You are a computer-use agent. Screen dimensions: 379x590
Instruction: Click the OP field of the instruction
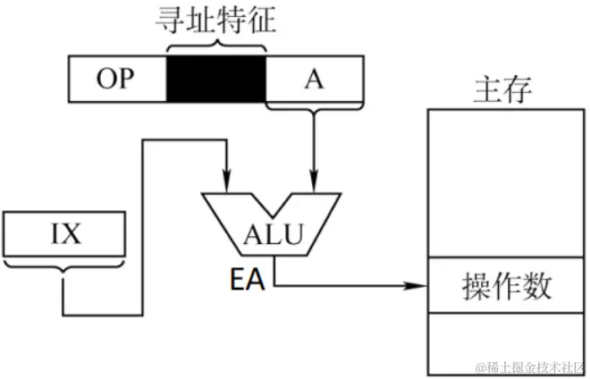click(x=117, y=79)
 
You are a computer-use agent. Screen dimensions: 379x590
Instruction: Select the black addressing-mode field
click(x=216, y=79)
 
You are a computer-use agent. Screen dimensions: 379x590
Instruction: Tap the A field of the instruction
click(x=314, y=79)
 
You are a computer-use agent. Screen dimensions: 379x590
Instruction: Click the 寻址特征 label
click(x=216, y=19)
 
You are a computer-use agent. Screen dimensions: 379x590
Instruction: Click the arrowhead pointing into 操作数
click(x=420, y=286)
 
